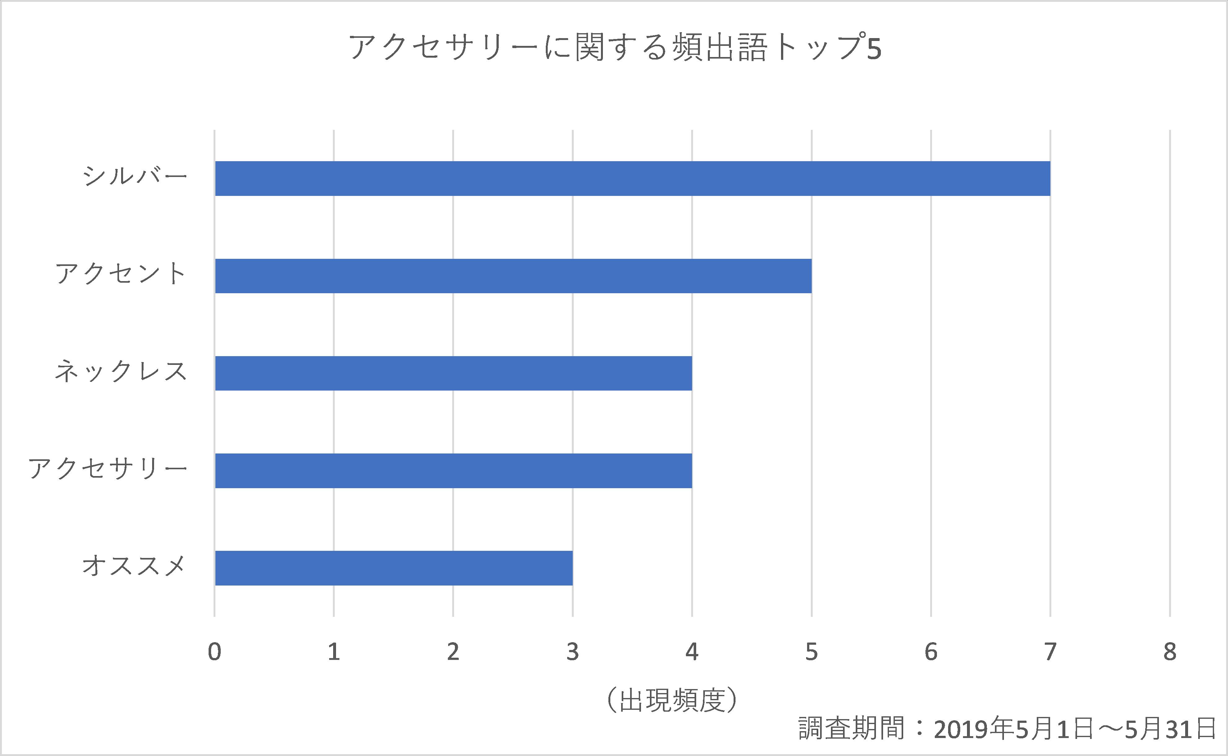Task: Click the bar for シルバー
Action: coord(633,179)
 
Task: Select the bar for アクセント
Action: coord(513,276)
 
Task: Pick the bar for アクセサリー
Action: coord(453,471)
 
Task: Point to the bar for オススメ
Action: coord(394,568)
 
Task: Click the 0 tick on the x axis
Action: coord(214,652)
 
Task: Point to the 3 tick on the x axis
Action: coord(572,652)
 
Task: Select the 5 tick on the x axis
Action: coord(811,652)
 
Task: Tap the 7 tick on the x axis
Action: coord(1050,652)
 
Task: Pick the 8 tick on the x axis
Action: coord(1169,652)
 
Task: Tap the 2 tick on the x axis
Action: coord(453,652)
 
